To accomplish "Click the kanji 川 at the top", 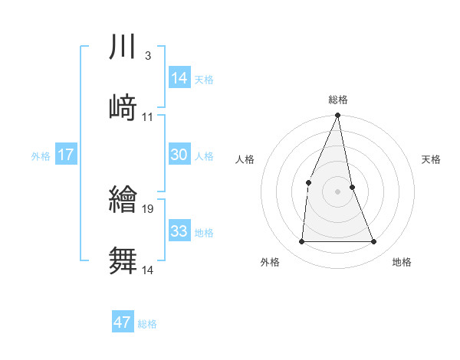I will (x=123, y=47).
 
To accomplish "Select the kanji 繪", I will (x=123, y=200).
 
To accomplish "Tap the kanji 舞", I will (x=123, y=260).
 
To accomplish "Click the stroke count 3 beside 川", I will (x=147, y=56).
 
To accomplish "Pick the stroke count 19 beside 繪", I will (x=149, y=208).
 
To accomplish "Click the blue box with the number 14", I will (x=179, y=78).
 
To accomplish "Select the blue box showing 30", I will (x=179, y=155).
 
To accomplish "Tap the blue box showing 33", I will (x=179, y=231).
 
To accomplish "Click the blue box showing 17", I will (x=66, y=155).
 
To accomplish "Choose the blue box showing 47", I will (x=123, y=322).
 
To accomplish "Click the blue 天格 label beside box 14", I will (x=204, y=80).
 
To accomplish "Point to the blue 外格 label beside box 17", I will (x=41, y=156).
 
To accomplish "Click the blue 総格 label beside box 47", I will (x=147, y=324).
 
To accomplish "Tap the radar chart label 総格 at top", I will (x=338, y=100).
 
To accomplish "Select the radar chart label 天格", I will (x=432, y=159).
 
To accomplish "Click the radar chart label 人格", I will (x=245, y=159).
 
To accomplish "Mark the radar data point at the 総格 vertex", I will (x=338, y=116).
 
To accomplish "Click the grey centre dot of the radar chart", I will (x=338, y=191).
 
